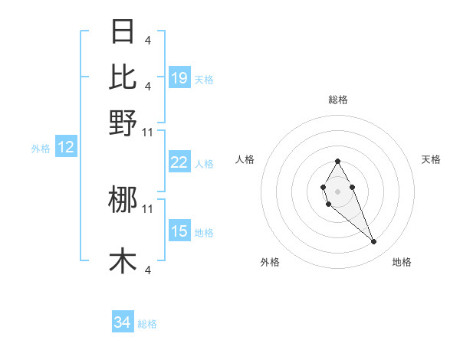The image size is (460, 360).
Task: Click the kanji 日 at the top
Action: [123, 31]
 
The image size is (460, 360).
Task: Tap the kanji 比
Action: [123, 77]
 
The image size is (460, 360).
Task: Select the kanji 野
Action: [123, 123]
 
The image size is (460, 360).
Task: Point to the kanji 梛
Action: [123, 200]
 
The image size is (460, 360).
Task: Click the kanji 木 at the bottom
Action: [123, 260]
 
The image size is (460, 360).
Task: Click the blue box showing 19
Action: [179, 78]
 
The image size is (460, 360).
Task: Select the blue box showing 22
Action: [179, 162]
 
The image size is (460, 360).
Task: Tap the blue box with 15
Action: [179, 231]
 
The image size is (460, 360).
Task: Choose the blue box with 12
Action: [66, 148]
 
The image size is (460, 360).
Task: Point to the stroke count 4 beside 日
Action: [147, 39]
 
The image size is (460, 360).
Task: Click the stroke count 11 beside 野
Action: [148, 132]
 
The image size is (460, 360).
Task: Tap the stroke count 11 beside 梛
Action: [148, 208]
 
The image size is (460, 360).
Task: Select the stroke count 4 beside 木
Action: [147, 269]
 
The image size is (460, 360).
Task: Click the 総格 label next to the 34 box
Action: [147, 324]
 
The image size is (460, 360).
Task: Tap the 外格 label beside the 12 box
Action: [41, 149]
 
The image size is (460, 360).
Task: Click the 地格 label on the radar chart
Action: [402, 262]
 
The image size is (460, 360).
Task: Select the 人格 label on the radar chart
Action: [245, 159]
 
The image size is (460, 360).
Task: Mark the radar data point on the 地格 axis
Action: [373, 242]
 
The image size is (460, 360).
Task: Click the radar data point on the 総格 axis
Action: [337, 161]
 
